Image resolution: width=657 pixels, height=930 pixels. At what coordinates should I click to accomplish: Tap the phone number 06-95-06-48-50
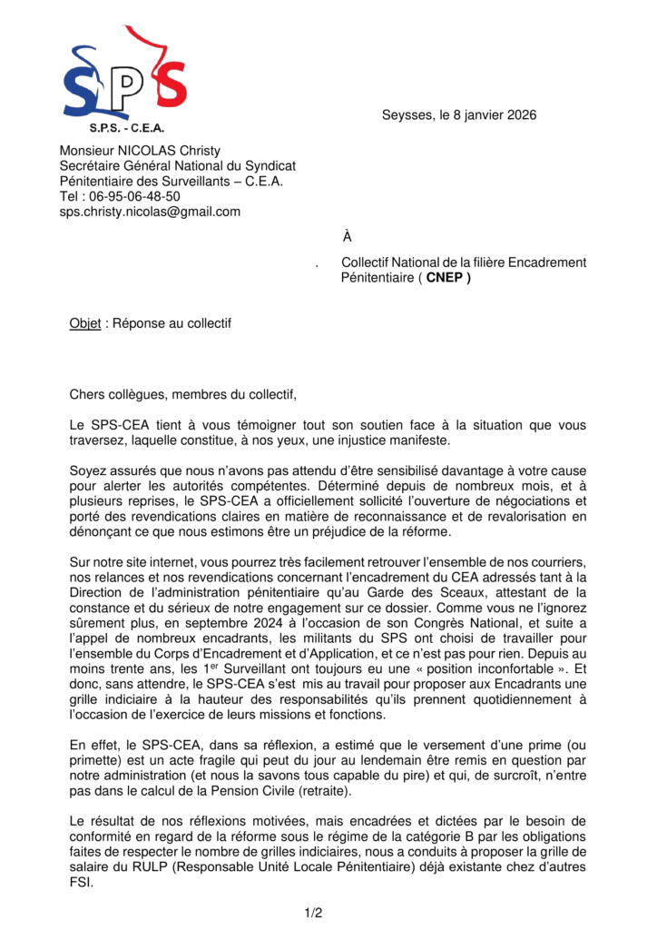pyautogui.click(x=132, y=196)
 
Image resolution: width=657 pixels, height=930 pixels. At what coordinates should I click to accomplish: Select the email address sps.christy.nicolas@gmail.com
pyautogui.click(x=150, y=212)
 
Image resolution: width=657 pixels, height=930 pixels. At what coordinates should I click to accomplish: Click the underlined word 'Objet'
pyautogui.click(x=85, y=324)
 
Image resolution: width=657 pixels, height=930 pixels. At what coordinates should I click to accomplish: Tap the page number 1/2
pyautogui.click(x=313, y=912)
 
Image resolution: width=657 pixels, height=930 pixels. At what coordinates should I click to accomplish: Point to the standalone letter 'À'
pyautogui.click(x=347, y=238)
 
